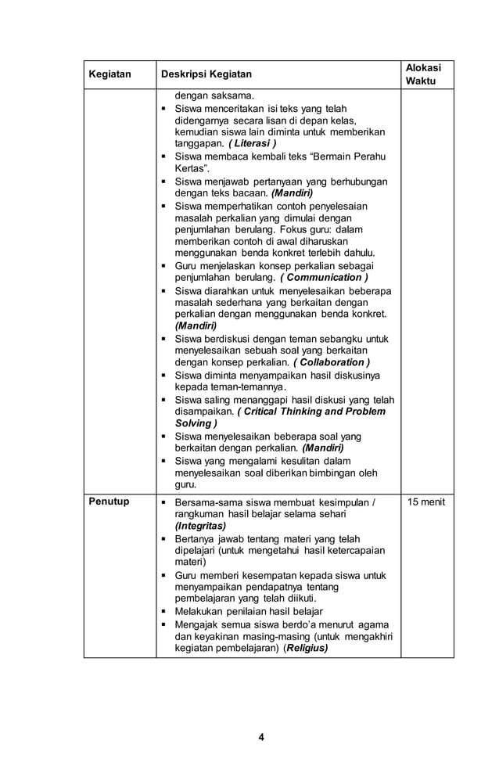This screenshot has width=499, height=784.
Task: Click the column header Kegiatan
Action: (109, 74)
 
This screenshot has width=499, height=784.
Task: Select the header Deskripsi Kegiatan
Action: (206, 74)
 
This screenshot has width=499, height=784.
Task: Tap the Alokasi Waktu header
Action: (425, 74)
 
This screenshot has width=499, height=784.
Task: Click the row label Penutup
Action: (109, 502)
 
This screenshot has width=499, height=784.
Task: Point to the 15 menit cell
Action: (425, 502)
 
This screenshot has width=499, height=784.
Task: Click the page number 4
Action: (262, 737)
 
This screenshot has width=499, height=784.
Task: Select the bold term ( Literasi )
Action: (253, 145)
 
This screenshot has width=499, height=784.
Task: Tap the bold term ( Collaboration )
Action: (332, 362)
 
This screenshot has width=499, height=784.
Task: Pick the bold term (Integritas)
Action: (201, 527)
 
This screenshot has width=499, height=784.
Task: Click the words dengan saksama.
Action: (209, 96)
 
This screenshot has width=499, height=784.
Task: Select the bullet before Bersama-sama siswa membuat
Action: (163, 502)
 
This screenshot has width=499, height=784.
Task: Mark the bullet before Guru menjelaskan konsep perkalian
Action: (163, 266)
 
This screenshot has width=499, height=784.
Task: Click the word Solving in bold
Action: (192, 423)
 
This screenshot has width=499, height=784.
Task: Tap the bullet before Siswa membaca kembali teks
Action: (163, 156)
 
